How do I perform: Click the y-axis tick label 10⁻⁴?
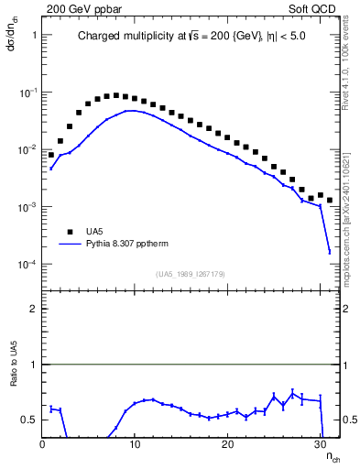pos(27,265)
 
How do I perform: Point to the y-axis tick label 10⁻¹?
pos(27,93)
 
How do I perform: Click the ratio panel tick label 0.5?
pos(29,420)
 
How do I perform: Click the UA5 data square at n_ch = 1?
pos(51,155)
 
